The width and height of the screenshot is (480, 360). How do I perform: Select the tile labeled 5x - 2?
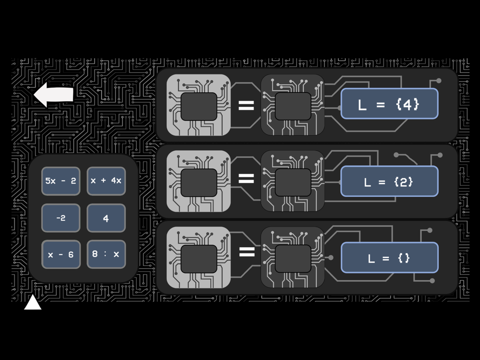tap(60, 181)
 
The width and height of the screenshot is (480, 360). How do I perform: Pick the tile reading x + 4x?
tap(106, 181)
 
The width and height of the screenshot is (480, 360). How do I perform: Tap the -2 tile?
tap(60, 218)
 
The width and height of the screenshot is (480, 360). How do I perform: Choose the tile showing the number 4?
tap(106, 218)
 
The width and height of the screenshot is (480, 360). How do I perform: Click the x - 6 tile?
tap(60, 254)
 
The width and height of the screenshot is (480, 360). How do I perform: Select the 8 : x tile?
tap(106, 254)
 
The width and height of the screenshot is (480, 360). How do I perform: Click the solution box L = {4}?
tap(389, 104)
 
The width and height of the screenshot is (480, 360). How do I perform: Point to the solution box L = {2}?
tap(389, 181)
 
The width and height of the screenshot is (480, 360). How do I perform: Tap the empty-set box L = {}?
tap(389, 258)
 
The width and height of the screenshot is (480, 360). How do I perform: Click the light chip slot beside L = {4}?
tap(198, 106)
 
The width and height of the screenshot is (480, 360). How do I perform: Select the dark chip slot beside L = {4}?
tap(292, 106)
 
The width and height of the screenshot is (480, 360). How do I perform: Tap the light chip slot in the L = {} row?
tap(198, 258)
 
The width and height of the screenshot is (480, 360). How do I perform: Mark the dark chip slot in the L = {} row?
tap(292, 258)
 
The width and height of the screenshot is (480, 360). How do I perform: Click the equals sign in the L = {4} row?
tap(246, 106)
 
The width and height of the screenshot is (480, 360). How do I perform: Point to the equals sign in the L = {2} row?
tap(246, 179)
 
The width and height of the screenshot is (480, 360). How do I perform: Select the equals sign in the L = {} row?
tap(246, 252)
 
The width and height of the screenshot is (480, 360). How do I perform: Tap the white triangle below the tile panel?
tap(33, 303)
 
